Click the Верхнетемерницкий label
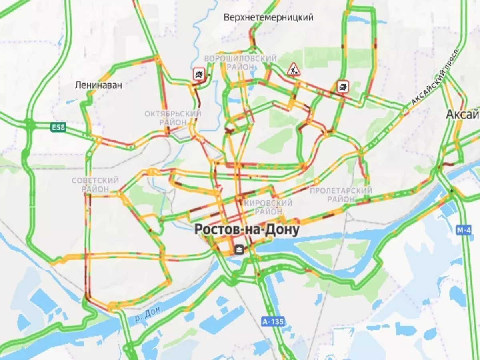point(268,18)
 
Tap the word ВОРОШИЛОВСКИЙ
point(240,59)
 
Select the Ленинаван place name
point(98,85)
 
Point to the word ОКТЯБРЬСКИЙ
point(173,114)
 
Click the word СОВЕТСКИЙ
point(95,181)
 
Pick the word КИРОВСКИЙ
point(268,203)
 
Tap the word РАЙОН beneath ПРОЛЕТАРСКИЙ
point(340,199)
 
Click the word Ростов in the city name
point(214,230)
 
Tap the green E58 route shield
point(58,128)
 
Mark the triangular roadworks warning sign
point(294,69)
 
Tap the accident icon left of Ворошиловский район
point(199,73)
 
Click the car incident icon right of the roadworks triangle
point(343,86)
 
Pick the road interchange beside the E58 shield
point(30,124)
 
